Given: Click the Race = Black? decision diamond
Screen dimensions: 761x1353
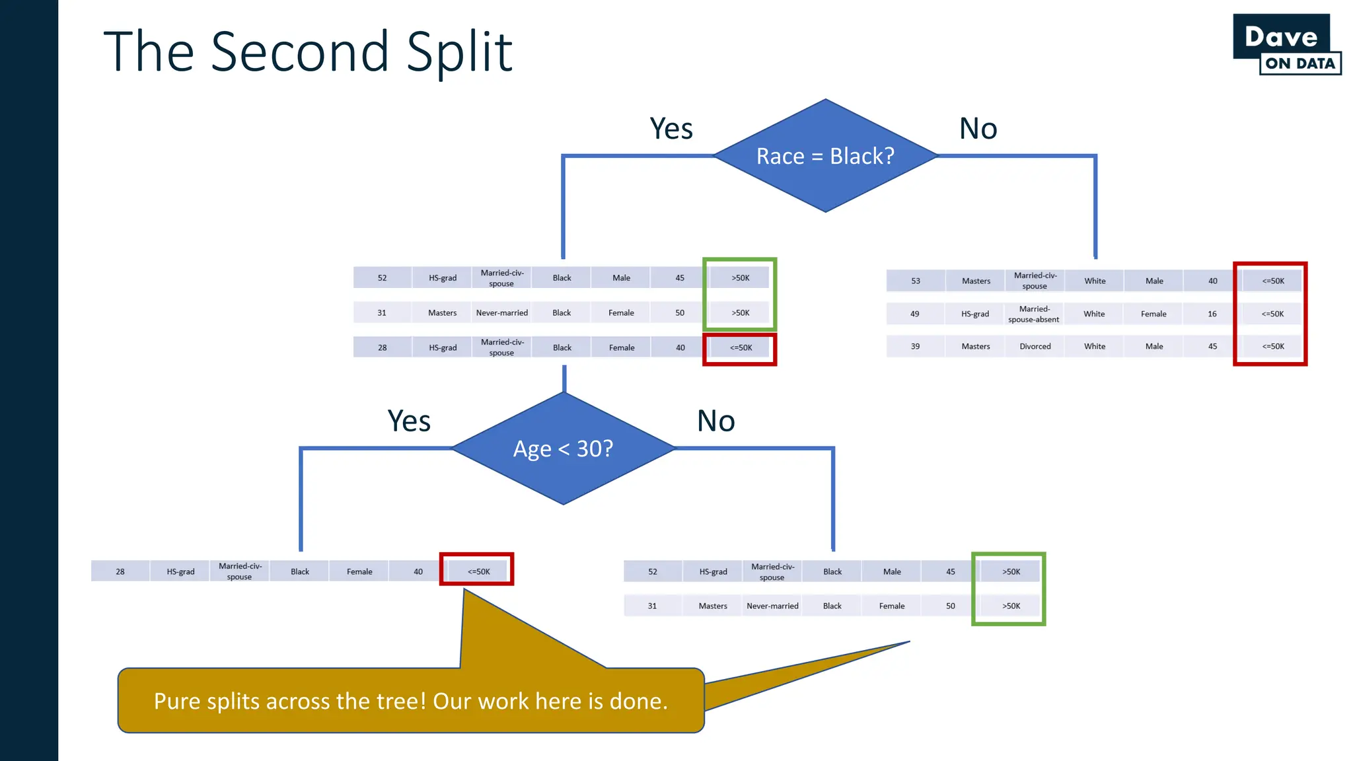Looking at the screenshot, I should click(825, 156).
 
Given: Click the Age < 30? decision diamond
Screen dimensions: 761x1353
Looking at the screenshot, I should click(564, 449).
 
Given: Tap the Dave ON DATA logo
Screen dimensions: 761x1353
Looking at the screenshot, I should click(1286, 45).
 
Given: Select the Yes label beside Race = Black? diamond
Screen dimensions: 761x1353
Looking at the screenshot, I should click(671, 128).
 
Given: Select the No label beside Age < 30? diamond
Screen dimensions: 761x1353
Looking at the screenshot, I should click(716, 421).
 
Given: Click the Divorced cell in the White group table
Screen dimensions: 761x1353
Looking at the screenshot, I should click(1035, 346).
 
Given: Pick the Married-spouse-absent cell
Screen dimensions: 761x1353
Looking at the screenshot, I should click(1034, 314).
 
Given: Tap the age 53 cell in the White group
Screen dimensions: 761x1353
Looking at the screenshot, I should click(915, 281).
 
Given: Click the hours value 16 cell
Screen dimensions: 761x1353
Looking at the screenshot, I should click(1212, 314).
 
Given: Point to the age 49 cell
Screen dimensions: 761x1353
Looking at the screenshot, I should click(915, 314).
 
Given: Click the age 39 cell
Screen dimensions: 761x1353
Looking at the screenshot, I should click(915, 346).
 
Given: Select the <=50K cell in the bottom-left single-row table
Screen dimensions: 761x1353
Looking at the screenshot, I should click(478, 571).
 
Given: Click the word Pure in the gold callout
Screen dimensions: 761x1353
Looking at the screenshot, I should click(176, 701).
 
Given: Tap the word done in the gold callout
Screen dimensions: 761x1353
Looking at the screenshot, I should click(638, 701).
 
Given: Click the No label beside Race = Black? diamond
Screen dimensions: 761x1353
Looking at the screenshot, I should click(978, 128).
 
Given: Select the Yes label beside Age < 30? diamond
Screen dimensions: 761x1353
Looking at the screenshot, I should click(409, 421).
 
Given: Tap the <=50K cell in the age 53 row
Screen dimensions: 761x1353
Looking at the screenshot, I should click(1273, 281).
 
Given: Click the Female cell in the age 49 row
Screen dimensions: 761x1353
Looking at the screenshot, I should click(1153, 314).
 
